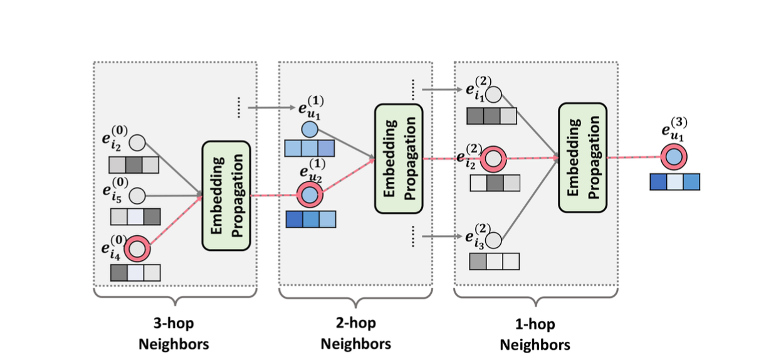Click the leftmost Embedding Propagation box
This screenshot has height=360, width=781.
click(x=226, y=195)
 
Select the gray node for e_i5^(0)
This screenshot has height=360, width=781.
click(x=137, y=196)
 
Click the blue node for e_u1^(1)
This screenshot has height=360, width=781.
click(x=310, y=130)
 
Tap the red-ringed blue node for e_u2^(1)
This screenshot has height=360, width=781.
click(x=310, y=195)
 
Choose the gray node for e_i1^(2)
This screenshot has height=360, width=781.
click(x=494, y=95)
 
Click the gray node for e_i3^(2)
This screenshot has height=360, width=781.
click(x=494, y=240)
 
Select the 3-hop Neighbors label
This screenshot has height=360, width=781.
click(x=174, y=334)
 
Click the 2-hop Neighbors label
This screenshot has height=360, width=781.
click(x=355, y=334)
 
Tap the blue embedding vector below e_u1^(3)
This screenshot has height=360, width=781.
click(x=674, y=182)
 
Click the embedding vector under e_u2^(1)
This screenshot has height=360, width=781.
click(x=310, y=220)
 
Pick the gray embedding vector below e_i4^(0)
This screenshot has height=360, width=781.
click(x=135, y=273)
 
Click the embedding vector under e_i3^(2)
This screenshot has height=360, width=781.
click(x=494, y=261)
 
